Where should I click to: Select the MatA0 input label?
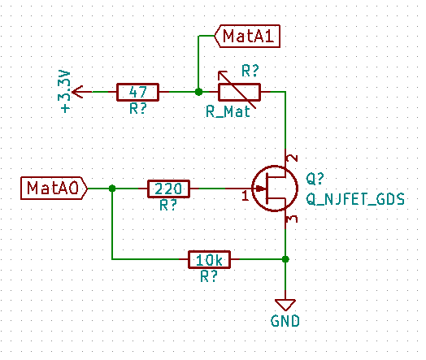click(x=52, y=189)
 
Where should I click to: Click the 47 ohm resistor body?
click(x=137, y=92)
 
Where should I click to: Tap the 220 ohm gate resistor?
click(x=168, y=189)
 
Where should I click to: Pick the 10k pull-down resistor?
click(x=210, y=259)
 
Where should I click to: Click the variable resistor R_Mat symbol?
click(x=238, y=92)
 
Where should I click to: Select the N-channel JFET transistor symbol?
click(x=275, y=189)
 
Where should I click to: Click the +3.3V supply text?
click(x=66, y=91)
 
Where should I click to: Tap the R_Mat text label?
click(x=227, y=114)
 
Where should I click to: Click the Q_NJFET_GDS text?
click(x=354, y=197)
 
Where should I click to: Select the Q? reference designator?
click(x=315, y=180)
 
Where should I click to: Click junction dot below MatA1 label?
click(x=198, y=92)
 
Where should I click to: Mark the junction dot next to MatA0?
click(x=112, y=189)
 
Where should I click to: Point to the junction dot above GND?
click(x=285, y=259)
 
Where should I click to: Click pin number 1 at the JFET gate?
click(x=245, y=196)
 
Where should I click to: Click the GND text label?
click(x=285, y=321)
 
